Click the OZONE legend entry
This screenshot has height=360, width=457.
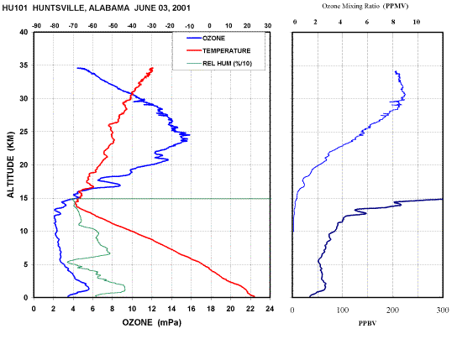pyautogui.click(x=206, y=38)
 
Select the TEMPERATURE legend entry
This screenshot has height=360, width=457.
pyautogui.click(x=218, y=50)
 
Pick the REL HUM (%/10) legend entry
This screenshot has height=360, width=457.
pyautogui.click(x=219, y=63)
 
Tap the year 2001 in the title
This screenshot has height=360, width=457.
pyautogui.click(x=181, y=8)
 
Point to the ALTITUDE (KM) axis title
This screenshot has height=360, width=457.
pyautogui.click(x=10, y=164)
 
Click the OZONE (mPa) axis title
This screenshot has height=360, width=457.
pyautogui.click(x=151, y=322)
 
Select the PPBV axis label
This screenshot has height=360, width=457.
pyautogui.click(x=367, y=323)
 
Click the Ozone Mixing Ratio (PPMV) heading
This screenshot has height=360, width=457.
pyautogui.click(x=365, y=6)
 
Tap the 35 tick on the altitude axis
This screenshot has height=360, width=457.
pyautogui.click(x=24, y=65)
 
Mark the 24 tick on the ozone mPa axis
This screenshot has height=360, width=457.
pyautogui.click(x=270, y=309)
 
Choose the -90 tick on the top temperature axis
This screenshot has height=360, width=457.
pyautogui.click(x=36, y=26)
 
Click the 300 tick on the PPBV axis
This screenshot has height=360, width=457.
pyautogui.click(x=443, y=310)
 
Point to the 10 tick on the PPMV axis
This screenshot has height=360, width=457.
pyautogui.click(x=417, y=22)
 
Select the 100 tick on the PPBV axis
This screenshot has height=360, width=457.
pyautogui.click(x=343, y=310)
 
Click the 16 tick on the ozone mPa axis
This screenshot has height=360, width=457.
pyautogui.click(x=192, y=309)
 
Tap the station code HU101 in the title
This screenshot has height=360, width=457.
pyautogui.click(x=15, y=8)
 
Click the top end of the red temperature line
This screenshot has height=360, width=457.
pyautogui.click(x=152, y=68)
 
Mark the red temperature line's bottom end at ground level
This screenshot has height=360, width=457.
pyautogui.click(x=255, y=296)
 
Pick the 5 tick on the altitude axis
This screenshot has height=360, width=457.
pyautogui.click(x=26, y=264)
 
